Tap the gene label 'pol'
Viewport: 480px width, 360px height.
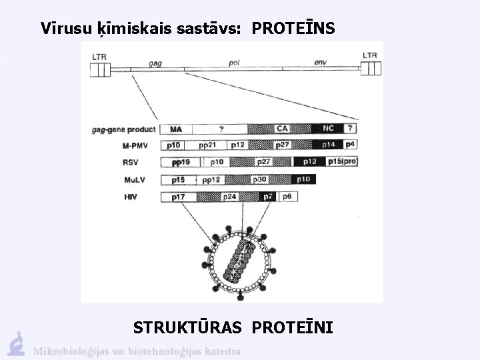[x=234, y=63]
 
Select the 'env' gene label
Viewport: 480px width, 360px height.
[x=321, y=63]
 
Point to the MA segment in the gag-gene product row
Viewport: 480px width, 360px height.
[x=176, y=129]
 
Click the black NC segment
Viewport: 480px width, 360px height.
[x=328, y=129]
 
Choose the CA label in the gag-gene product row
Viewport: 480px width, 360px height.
[x=282, y=129]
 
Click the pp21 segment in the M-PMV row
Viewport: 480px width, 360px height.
[x=208, y=145]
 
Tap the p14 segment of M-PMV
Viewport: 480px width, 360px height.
[x=328, y=145]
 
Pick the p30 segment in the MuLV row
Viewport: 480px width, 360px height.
[x=259, y=179]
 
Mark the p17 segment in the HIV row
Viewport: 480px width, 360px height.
[x=178, y=197]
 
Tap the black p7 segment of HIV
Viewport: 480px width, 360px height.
[x=268, y=197]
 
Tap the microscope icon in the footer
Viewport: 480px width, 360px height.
[x=16, y=343]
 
